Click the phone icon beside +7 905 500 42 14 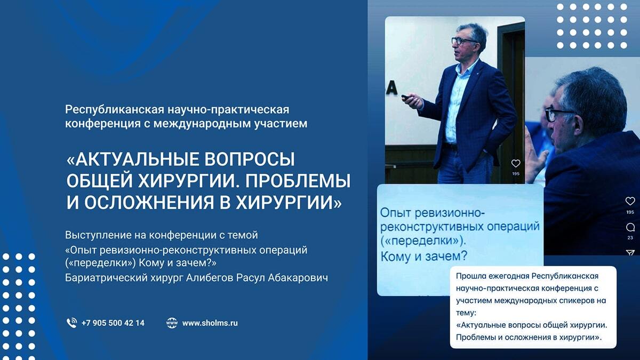click(x=71, y=323)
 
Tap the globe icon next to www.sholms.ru click(x=171, y=323)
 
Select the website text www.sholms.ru click(x=210, y=323)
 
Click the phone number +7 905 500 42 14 click(x=113, y=323)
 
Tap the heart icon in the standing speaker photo click(x=515, y=164)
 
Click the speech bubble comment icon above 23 click(x=630, y=227)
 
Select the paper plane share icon click(x=630, y=252)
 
